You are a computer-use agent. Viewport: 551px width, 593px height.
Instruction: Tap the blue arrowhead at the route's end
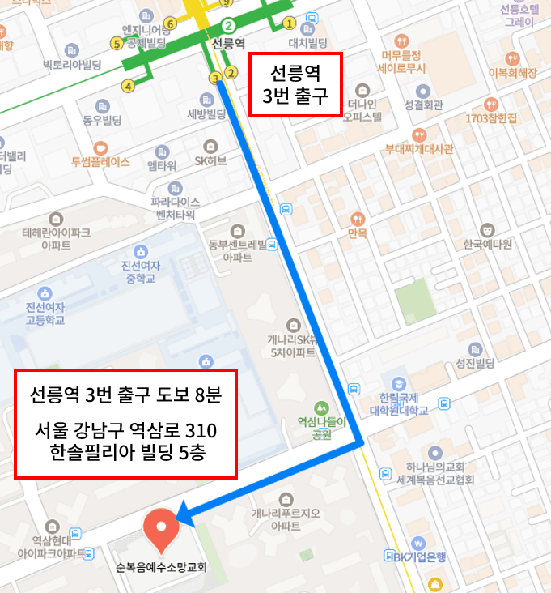point(183,512)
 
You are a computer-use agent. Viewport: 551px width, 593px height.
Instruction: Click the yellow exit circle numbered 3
point(215,79)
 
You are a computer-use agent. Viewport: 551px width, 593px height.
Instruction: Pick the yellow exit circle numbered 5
point(117,42)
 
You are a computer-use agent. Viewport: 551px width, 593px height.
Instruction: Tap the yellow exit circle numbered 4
point(128,86)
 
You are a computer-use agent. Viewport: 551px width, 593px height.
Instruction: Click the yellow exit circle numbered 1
point(289,23)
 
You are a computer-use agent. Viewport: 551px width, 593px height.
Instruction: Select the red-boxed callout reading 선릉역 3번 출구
point(295,85)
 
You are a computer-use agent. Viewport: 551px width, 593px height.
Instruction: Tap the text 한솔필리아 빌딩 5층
point(126,452)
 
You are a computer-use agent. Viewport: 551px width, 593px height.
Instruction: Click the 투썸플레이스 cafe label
point(100,161)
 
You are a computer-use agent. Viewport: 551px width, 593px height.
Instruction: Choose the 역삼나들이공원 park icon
point(321,407)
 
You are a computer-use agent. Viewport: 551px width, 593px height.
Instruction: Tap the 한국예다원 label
point(485,244)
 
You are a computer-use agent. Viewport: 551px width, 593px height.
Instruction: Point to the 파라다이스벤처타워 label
point(173,208)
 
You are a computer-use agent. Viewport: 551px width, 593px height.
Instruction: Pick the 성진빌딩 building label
point(475,362)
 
